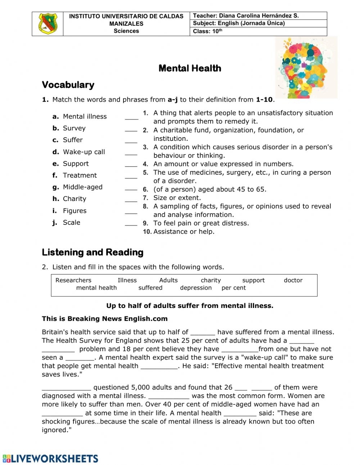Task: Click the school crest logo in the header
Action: [x=48, y=24]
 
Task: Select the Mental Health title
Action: [x=190, y=68]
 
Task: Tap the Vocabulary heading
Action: [x=68, y=85]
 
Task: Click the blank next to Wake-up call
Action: [x=131, y=154]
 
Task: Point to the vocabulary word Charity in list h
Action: [x=75, y=199]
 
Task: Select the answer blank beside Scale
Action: [x=131, y=225]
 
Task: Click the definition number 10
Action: [x=147, y=232]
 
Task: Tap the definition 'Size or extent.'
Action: [x=177, y=198]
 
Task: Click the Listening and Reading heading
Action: [x=93, y=252]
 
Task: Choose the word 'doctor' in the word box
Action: [x=293, y=280]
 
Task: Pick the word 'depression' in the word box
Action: [x=196, y=288]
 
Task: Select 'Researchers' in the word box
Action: [x=73, y=280]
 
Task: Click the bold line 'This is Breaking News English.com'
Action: [x=104, y=318]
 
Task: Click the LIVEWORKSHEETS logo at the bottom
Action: [x=50, y=459]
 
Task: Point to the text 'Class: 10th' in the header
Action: [x=207, y=31]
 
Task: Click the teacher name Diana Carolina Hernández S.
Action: [x=258, y=16]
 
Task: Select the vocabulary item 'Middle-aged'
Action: [x=82, y=187]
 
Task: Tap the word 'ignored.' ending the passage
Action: [x=57, y=430]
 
